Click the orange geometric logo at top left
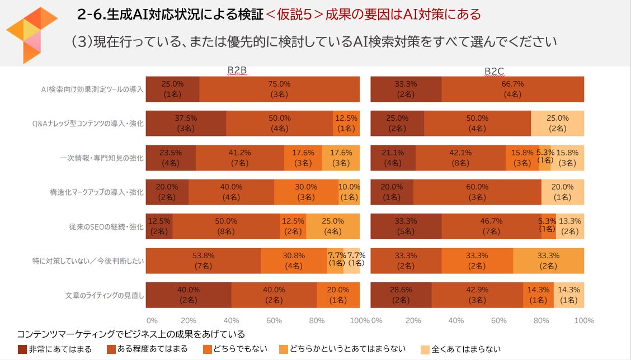[x=31, y=34]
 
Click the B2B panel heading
[x=237, y=70]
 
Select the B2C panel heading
[x=495, y=70]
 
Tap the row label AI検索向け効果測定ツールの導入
[x=93, y=89]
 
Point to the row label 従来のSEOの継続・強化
[x=106, y=226]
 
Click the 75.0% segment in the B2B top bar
[x=279, y=89]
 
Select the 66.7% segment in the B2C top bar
[x=512, y=89]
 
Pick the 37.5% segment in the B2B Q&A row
[x=186, y=124]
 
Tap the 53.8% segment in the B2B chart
[x=203, y=260]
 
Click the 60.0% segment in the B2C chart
[x=477, y=192]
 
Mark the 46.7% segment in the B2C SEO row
[x=491, y=226]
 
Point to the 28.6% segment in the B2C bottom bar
[x=401, y=295]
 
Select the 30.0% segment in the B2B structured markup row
[x=306, y=192]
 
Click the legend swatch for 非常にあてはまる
[x=22, y=349]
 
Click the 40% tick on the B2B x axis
[x=231, y=321]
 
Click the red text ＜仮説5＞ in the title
[x=294, y=15]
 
